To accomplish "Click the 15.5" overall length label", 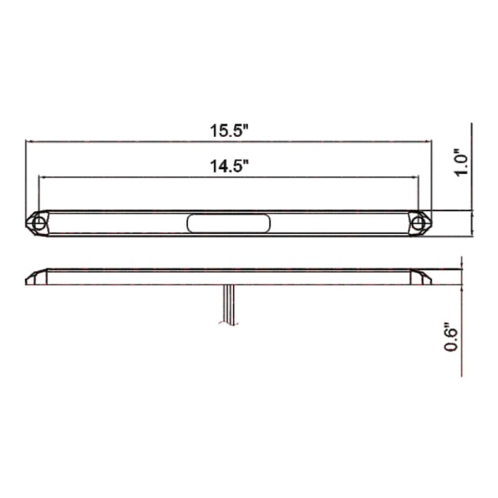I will tap(229, 131).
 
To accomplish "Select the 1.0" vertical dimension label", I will tap(461, 163).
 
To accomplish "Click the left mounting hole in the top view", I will tap(39, 223).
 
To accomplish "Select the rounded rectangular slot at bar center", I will tap(229, 223).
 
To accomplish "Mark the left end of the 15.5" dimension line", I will tap(26, 142).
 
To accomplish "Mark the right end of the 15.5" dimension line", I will tap(431, 142).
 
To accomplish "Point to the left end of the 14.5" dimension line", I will tap(39, 177).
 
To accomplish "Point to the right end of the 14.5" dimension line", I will tap(419, 177).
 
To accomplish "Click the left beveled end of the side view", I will tap(36, 276).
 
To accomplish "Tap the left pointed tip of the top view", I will tap(27, 223).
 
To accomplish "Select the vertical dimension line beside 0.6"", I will tap(462, 324).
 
